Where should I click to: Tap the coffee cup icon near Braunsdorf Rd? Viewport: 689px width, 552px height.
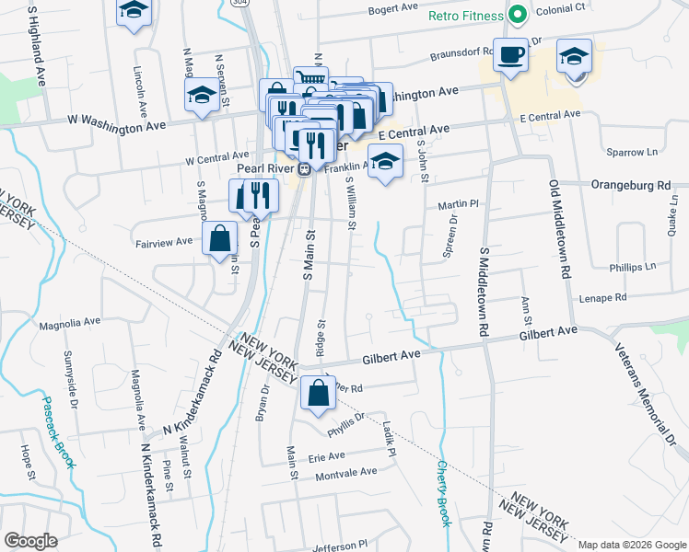pos(509,54)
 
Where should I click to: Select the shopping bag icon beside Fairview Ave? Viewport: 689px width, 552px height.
pos(220,240)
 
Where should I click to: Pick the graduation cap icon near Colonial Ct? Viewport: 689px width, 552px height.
pos(574,58)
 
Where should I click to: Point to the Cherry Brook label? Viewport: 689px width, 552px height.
pos(444,493)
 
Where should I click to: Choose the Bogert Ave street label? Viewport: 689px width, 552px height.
pos(393,9)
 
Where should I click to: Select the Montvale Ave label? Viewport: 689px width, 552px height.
pos(346,472)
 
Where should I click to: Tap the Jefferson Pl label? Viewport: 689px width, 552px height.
pos(341,546)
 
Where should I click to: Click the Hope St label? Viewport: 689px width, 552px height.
pos(27,464)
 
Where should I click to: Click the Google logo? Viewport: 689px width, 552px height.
pos(30,541)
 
